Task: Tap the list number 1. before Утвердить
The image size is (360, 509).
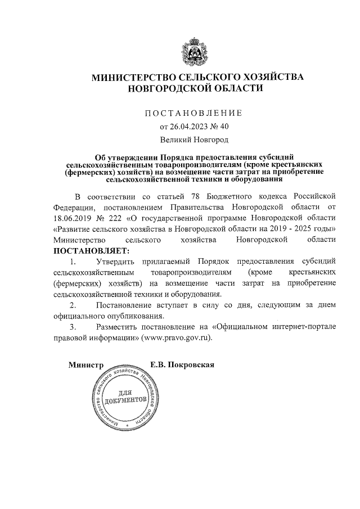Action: [x=72, y=261]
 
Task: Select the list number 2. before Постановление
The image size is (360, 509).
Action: [x=72, y=305]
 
